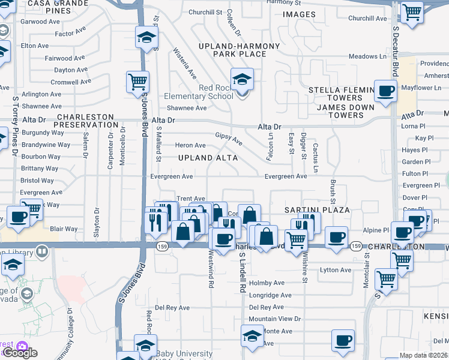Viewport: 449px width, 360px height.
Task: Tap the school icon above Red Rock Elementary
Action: click(x=242, y=79)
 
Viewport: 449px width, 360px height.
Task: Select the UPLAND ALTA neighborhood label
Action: click(x=208, y=158)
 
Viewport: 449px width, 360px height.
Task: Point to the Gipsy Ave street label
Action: click(x=229, y=139)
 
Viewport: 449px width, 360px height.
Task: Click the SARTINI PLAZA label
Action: click(x=317, y=210)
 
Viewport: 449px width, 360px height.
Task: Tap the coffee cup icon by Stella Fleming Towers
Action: click(x=385, y=91)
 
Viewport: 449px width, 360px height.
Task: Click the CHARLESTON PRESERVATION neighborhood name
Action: click(x=87, y=121)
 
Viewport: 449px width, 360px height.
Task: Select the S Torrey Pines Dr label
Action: click(x=15, y=125)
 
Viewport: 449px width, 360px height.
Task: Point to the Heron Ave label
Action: click(x=190, y=145)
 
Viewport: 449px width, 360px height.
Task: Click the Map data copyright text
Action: click(x=424, y=355)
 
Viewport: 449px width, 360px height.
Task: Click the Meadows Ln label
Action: click(x=368, y=56)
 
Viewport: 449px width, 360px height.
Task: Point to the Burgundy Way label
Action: click(x=43, y=133)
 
